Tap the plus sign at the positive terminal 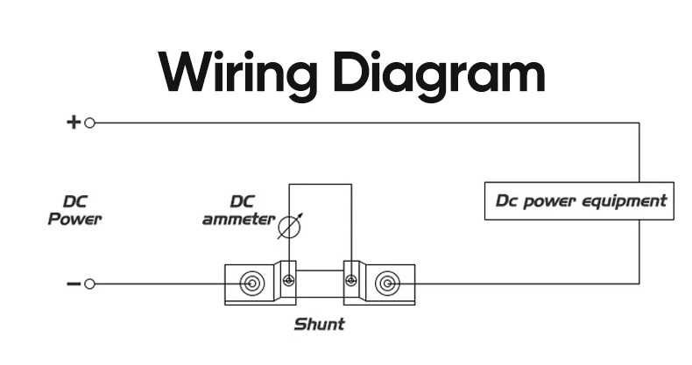[x=74, y=123]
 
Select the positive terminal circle [x=89, y=123]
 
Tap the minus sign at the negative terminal [x=74, y=284]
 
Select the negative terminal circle [x=89, y=284]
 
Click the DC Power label [x=75, y=210]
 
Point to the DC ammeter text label [x=239, y=210]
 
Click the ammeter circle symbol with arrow [x=290, y=227]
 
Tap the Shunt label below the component [x=320, y=325]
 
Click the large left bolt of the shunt [x=252, y=283]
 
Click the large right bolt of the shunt [x=387, y=283]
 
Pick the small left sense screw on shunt [x=289, y=280]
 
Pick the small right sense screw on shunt [x=351, y=280]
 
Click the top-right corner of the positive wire [x=639, y=123]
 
